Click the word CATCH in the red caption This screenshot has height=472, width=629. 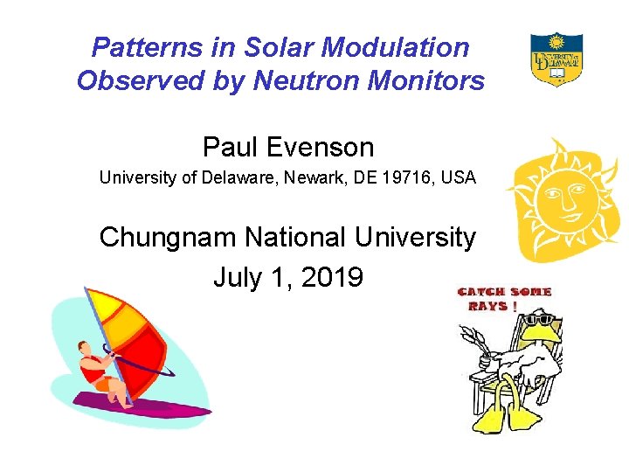pyautogui.click(x=482, y=292)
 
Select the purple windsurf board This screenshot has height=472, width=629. pyautogui.click(x=140, y=405)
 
